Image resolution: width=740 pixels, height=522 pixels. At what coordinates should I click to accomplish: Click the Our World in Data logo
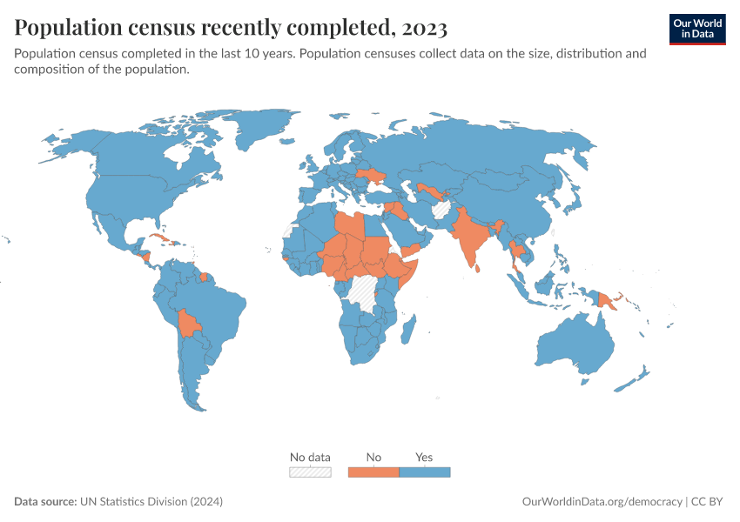click(x=696, y=28)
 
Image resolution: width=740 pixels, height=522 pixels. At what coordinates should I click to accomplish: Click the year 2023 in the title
click(x=424, y=28)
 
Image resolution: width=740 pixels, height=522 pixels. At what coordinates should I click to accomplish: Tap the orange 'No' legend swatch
click(x=373, y=472)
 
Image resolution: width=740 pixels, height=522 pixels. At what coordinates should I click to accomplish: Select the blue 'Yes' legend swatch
click(x=424, y=472)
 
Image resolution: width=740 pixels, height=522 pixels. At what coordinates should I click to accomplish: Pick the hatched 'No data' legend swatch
click(x=310, y=472)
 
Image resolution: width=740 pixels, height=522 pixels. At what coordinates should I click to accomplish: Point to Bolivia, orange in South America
click(x=189, y=325)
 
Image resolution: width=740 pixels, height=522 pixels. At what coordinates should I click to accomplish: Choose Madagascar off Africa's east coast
click(x=407, y=331)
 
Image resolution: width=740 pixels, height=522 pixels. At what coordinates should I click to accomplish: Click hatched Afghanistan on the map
click(x=441, y=209)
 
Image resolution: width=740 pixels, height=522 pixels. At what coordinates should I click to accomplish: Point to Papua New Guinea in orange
click(x=608, y=301)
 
